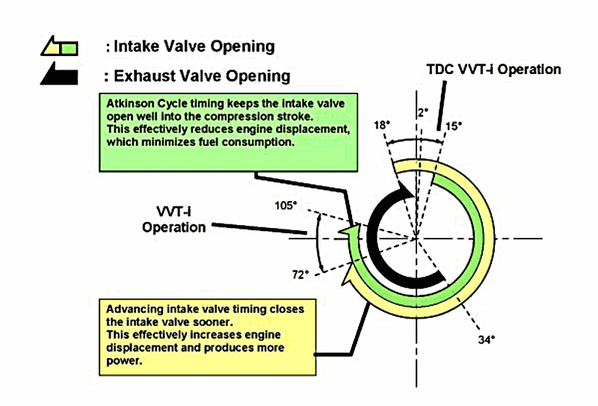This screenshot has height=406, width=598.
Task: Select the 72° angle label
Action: click(300, 274)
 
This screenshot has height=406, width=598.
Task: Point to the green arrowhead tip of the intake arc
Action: click(345, 233)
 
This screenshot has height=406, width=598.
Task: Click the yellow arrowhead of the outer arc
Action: click(348, 280)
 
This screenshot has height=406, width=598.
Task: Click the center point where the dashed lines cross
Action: click(415, 239)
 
